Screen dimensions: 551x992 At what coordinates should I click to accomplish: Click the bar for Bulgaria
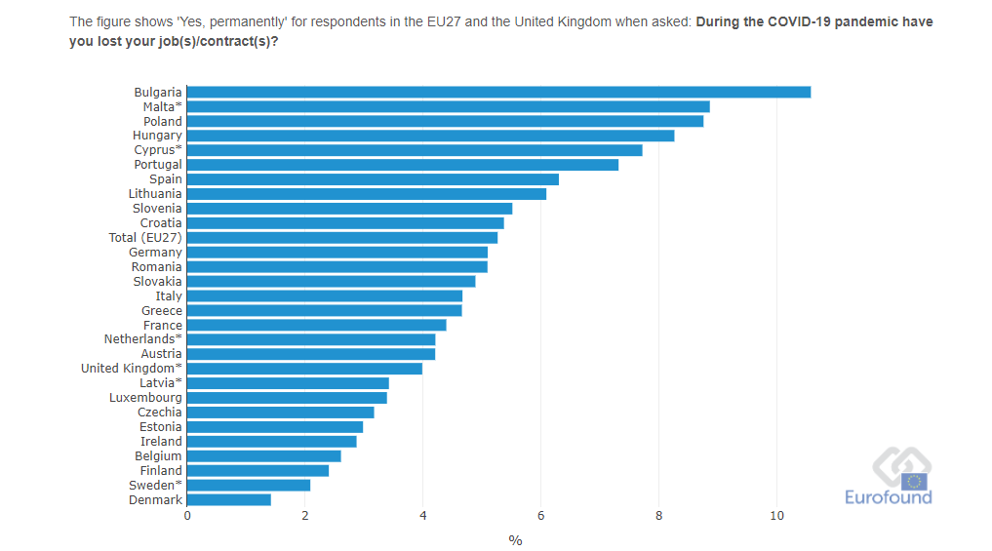pos(498,92)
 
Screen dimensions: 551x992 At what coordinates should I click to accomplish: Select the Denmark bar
pos(229,499)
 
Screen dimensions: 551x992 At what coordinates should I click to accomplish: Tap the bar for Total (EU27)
pos(342,237)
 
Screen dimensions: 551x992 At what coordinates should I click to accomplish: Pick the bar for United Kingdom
pos(304,369)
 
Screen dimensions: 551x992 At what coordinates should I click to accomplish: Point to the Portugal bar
pos(403,165)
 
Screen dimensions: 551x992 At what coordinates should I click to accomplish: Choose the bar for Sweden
pos(249,485)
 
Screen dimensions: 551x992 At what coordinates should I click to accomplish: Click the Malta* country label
pos(162,106)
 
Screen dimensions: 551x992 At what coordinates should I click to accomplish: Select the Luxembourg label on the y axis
pos(145,398)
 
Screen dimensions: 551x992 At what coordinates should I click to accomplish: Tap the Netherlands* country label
pos(142,339)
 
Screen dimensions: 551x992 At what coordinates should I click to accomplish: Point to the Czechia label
pos(159,413)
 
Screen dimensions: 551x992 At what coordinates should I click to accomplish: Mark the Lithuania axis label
pos(154,194)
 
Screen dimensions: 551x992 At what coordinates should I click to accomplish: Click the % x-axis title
pos(515,540)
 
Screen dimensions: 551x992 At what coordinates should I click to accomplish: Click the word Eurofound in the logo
pos(888,497)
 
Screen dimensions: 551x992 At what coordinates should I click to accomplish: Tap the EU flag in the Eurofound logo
pos(915,480)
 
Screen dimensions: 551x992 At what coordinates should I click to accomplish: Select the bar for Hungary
pos(430,136)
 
